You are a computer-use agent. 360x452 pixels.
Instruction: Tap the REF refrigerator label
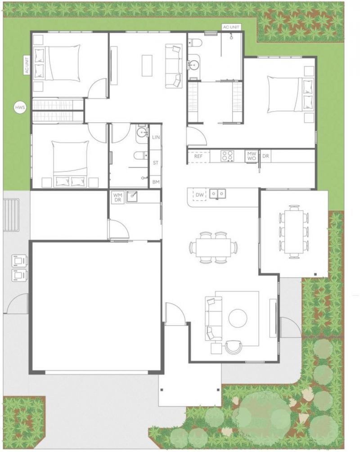(198, 157)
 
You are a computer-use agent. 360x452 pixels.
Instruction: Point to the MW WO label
(251, 156)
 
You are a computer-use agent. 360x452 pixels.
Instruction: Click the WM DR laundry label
(118, 197)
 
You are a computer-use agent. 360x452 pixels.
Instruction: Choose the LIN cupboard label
(156, 137)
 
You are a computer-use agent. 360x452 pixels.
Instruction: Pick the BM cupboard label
(156, 182)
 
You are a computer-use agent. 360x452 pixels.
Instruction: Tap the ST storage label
(156, 162)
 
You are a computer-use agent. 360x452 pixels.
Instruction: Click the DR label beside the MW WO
(265, 156)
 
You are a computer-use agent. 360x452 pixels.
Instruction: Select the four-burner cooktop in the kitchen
(227, 156)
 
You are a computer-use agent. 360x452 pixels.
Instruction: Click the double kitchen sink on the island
(219, 194)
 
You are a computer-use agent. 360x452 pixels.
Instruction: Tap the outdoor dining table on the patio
(294, 232)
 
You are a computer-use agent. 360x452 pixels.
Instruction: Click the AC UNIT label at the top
(232, 27)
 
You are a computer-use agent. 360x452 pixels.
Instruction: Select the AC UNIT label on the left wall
(27, 65)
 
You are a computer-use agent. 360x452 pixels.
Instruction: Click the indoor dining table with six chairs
(214, 247)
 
